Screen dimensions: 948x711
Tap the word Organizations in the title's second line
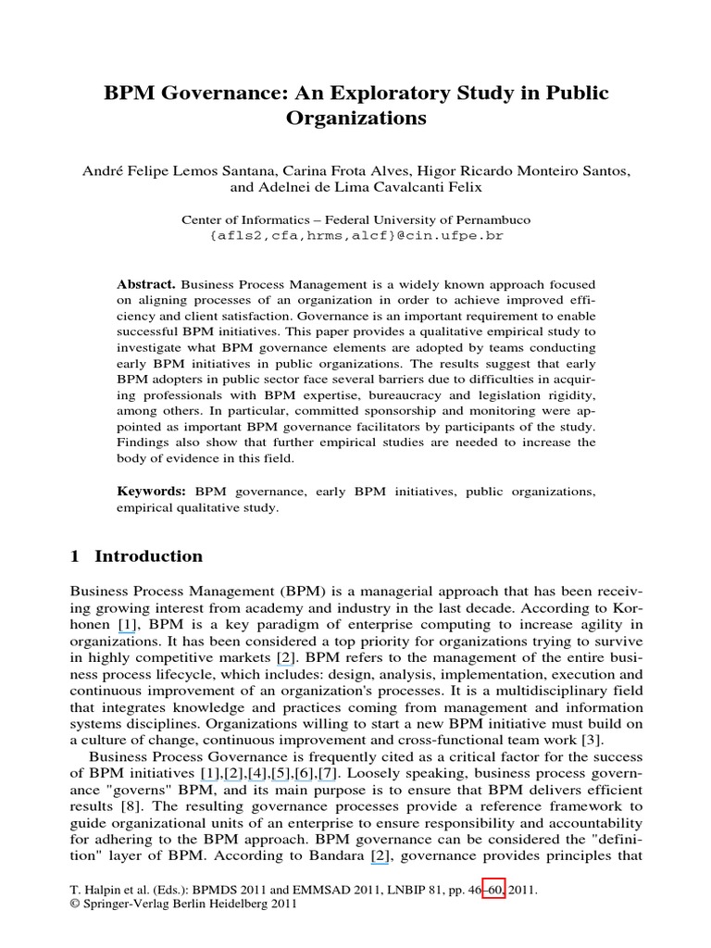click(x=355, y=118)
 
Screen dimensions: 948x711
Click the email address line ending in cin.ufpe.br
click(x=355, y=236)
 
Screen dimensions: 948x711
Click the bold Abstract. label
click(x=147, y=284)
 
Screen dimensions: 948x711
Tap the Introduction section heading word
click(x=148, y=556)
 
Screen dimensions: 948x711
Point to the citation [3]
click(x=592, y=739)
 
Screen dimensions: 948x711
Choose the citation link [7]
click(x=329, y=772)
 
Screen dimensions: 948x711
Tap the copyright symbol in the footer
click(x=75, y=904)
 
